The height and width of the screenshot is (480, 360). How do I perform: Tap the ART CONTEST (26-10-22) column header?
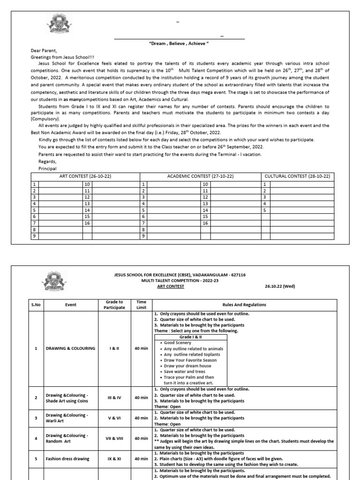[85, 176]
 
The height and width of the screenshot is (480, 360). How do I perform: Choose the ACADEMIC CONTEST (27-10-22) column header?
[201, 176]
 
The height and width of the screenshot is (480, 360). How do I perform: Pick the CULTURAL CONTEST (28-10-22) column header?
[297, 176]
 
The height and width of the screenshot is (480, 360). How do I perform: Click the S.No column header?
[36, 305]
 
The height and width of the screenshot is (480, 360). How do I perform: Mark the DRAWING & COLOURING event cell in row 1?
[70, 348]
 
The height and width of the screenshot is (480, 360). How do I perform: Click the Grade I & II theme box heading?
[190, 337]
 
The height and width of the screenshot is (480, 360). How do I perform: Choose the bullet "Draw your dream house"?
[183, 365]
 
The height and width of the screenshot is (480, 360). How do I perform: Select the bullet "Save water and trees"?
[182, 371]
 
